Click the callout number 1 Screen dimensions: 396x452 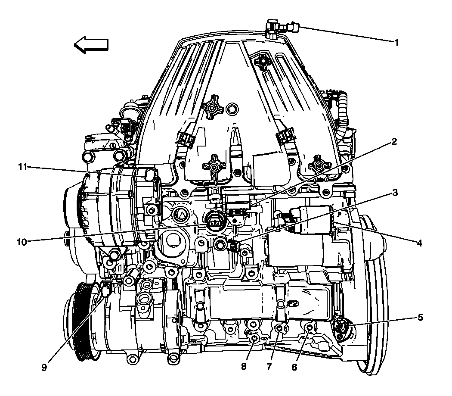coord(397,42)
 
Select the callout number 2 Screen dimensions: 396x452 coord(394,142)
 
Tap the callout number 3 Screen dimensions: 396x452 coord(394,193)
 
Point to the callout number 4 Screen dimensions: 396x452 coord(419,243)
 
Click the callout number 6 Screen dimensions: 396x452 coord(294,367)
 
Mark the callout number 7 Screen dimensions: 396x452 coord(269,367)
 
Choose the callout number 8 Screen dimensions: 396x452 coord(244,367)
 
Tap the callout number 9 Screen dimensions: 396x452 coord(44,368)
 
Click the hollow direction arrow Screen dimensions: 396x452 coord(90,45)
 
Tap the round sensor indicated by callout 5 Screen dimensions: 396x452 coord(342,327)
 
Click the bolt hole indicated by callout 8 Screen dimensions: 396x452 coord(254,339)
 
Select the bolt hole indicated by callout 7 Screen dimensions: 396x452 coord(279,329)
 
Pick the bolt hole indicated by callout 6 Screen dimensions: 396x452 coord(309,328)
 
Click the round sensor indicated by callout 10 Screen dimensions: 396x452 coord(214,223)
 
